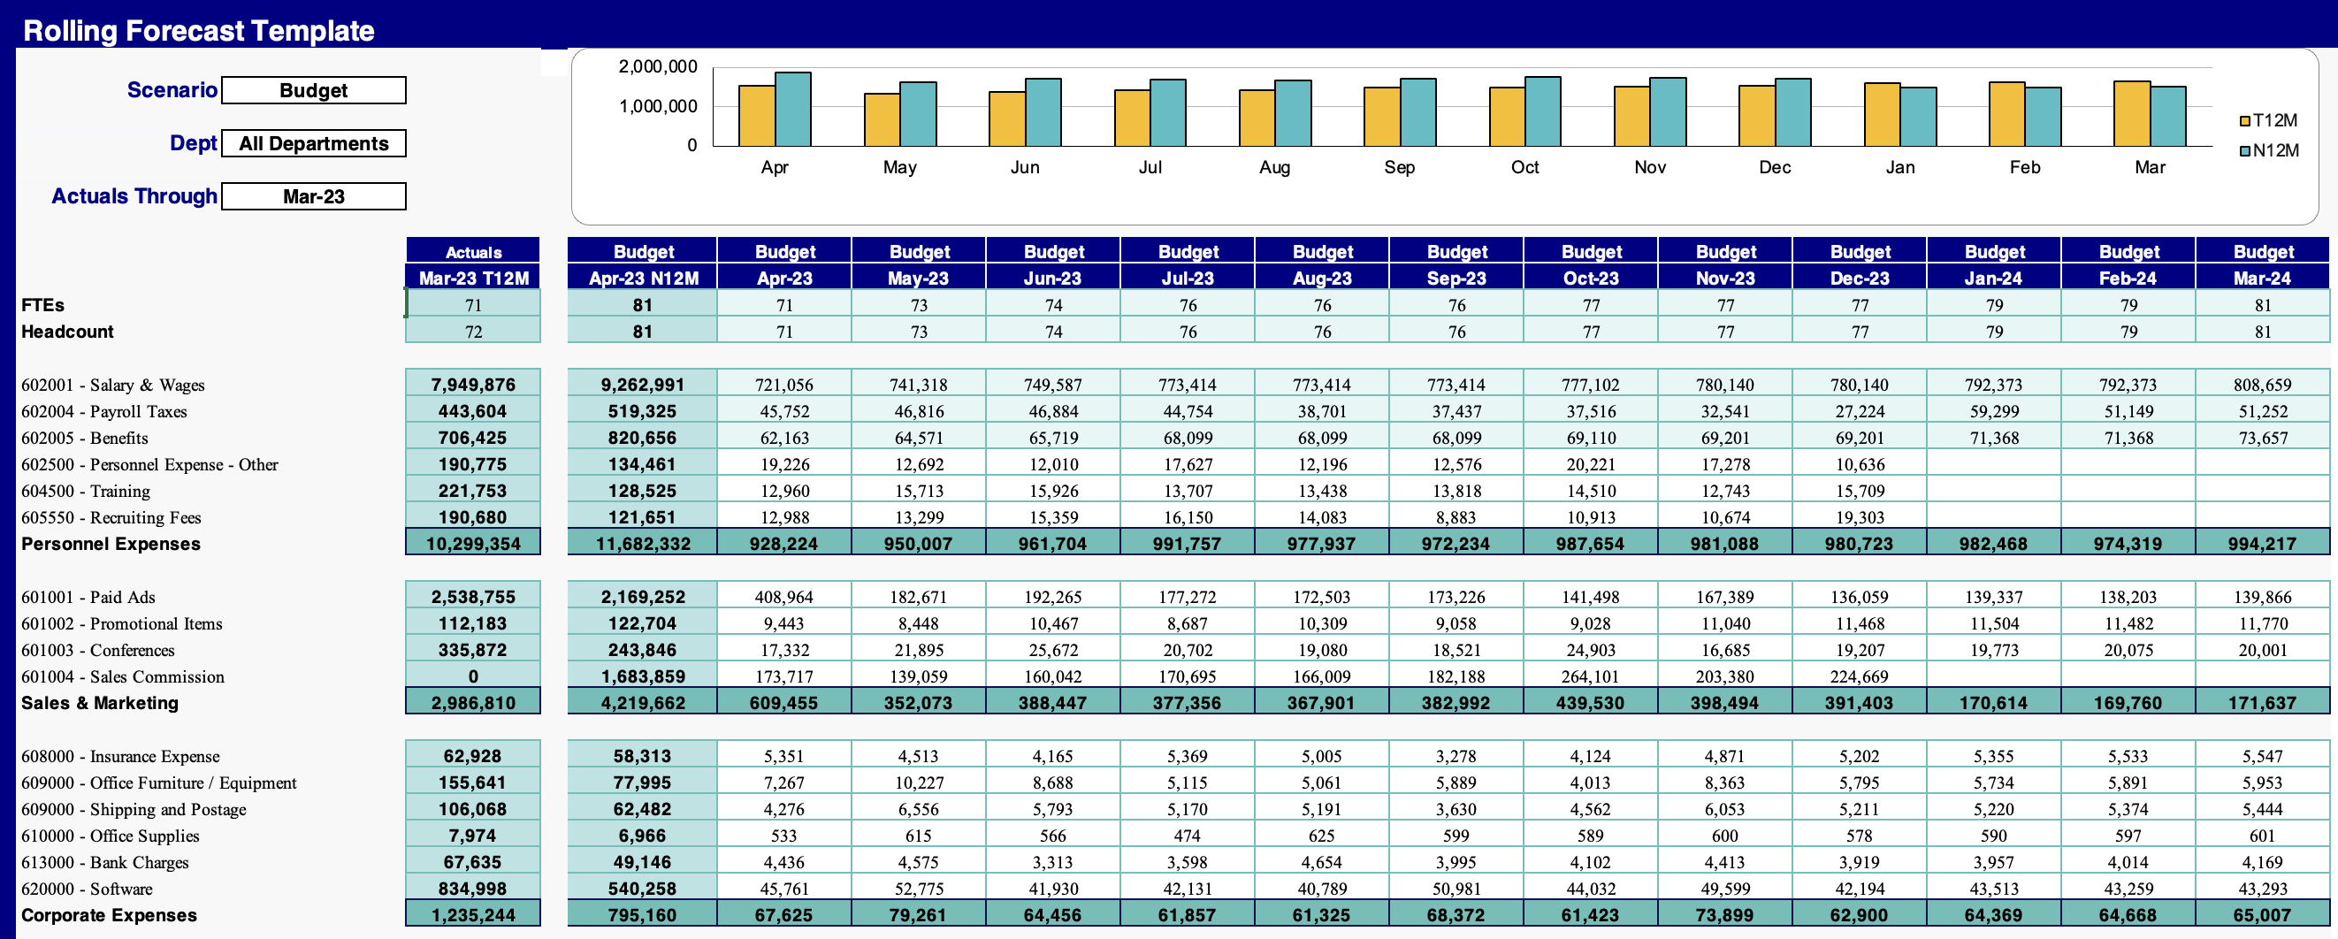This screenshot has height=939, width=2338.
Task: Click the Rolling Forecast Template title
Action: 198,31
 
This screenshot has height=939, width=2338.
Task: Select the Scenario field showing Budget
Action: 313,91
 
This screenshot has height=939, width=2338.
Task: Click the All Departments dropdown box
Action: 313,143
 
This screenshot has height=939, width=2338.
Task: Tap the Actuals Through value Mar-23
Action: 313,197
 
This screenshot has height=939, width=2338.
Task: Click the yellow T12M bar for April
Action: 756,116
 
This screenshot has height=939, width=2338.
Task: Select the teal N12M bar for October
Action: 1542,111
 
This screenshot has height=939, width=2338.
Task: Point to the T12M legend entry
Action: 2268,120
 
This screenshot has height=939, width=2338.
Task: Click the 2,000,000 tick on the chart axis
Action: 658,67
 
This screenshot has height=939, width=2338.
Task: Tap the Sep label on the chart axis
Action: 1400,168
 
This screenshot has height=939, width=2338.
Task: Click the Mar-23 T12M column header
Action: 473,278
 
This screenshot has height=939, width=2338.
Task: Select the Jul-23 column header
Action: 1188,278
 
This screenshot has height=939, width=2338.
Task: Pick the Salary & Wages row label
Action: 113,385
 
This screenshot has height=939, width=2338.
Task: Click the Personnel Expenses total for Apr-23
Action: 783,545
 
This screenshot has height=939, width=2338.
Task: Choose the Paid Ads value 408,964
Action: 783,597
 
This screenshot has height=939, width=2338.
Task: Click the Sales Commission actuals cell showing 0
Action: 473,676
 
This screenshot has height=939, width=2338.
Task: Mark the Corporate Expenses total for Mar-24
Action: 2262,915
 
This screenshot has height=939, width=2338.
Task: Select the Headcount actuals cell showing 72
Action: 473,332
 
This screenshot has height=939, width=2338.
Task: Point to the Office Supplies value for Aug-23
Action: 1321,836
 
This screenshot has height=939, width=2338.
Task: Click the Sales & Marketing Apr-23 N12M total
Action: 643,703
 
